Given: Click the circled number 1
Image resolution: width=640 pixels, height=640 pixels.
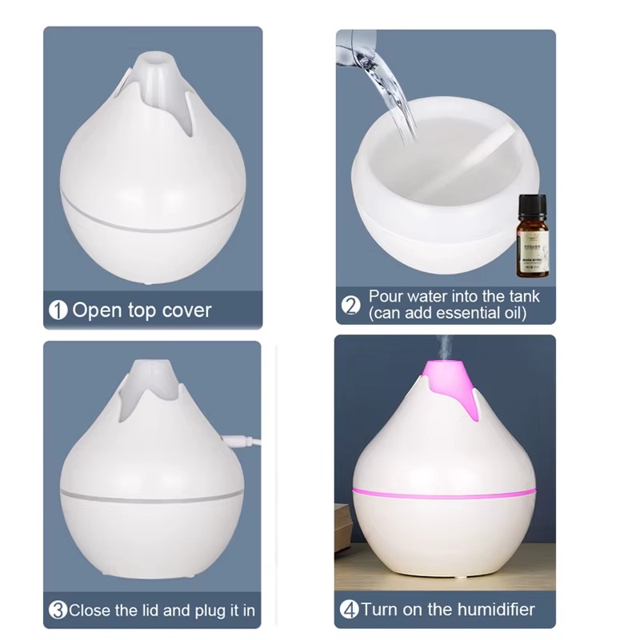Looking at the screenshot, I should (x=58, y=310).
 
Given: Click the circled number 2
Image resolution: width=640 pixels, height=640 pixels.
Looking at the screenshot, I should (x=350, y=305).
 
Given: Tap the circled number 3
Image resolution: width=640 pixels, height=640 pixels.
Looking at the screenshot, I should (x=58, y=610).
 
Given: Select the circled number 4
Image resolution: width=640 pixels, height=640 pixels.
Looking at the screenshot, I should (x=349, y=610).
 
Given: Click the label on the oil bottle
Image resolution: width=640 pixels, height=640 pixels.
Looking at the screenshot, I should (x=532, y=247).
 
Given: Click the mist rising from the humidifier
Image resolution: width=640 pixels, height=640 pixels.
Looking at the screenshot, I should (x=441, y=346).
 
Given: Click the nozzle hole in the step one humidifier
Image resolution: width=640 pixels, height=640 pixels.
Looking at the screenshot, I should (x=152, y=58).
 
